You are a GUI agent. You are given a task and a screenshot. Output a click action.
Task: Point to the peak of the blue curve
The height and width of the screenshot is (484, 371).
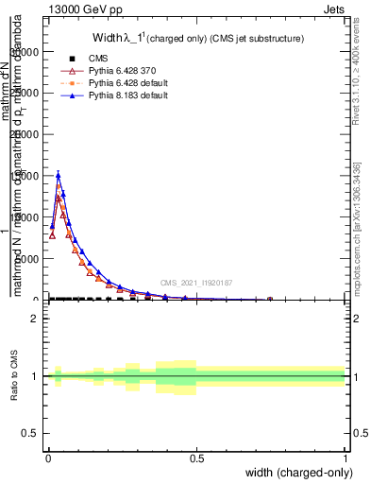click(58, 174)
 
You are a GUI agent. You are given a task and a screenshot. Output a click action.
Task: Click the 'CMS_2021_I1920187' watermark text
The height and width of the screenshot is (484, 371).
click(196, 283)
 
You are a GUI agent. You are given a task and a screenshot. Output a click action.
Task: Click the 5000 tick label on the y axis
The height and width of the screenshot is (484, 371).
click(29, 259)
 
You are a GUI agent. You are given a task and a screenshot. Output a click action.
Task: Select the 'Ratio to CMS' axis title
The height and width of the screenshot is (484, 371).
click(14, 376)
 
